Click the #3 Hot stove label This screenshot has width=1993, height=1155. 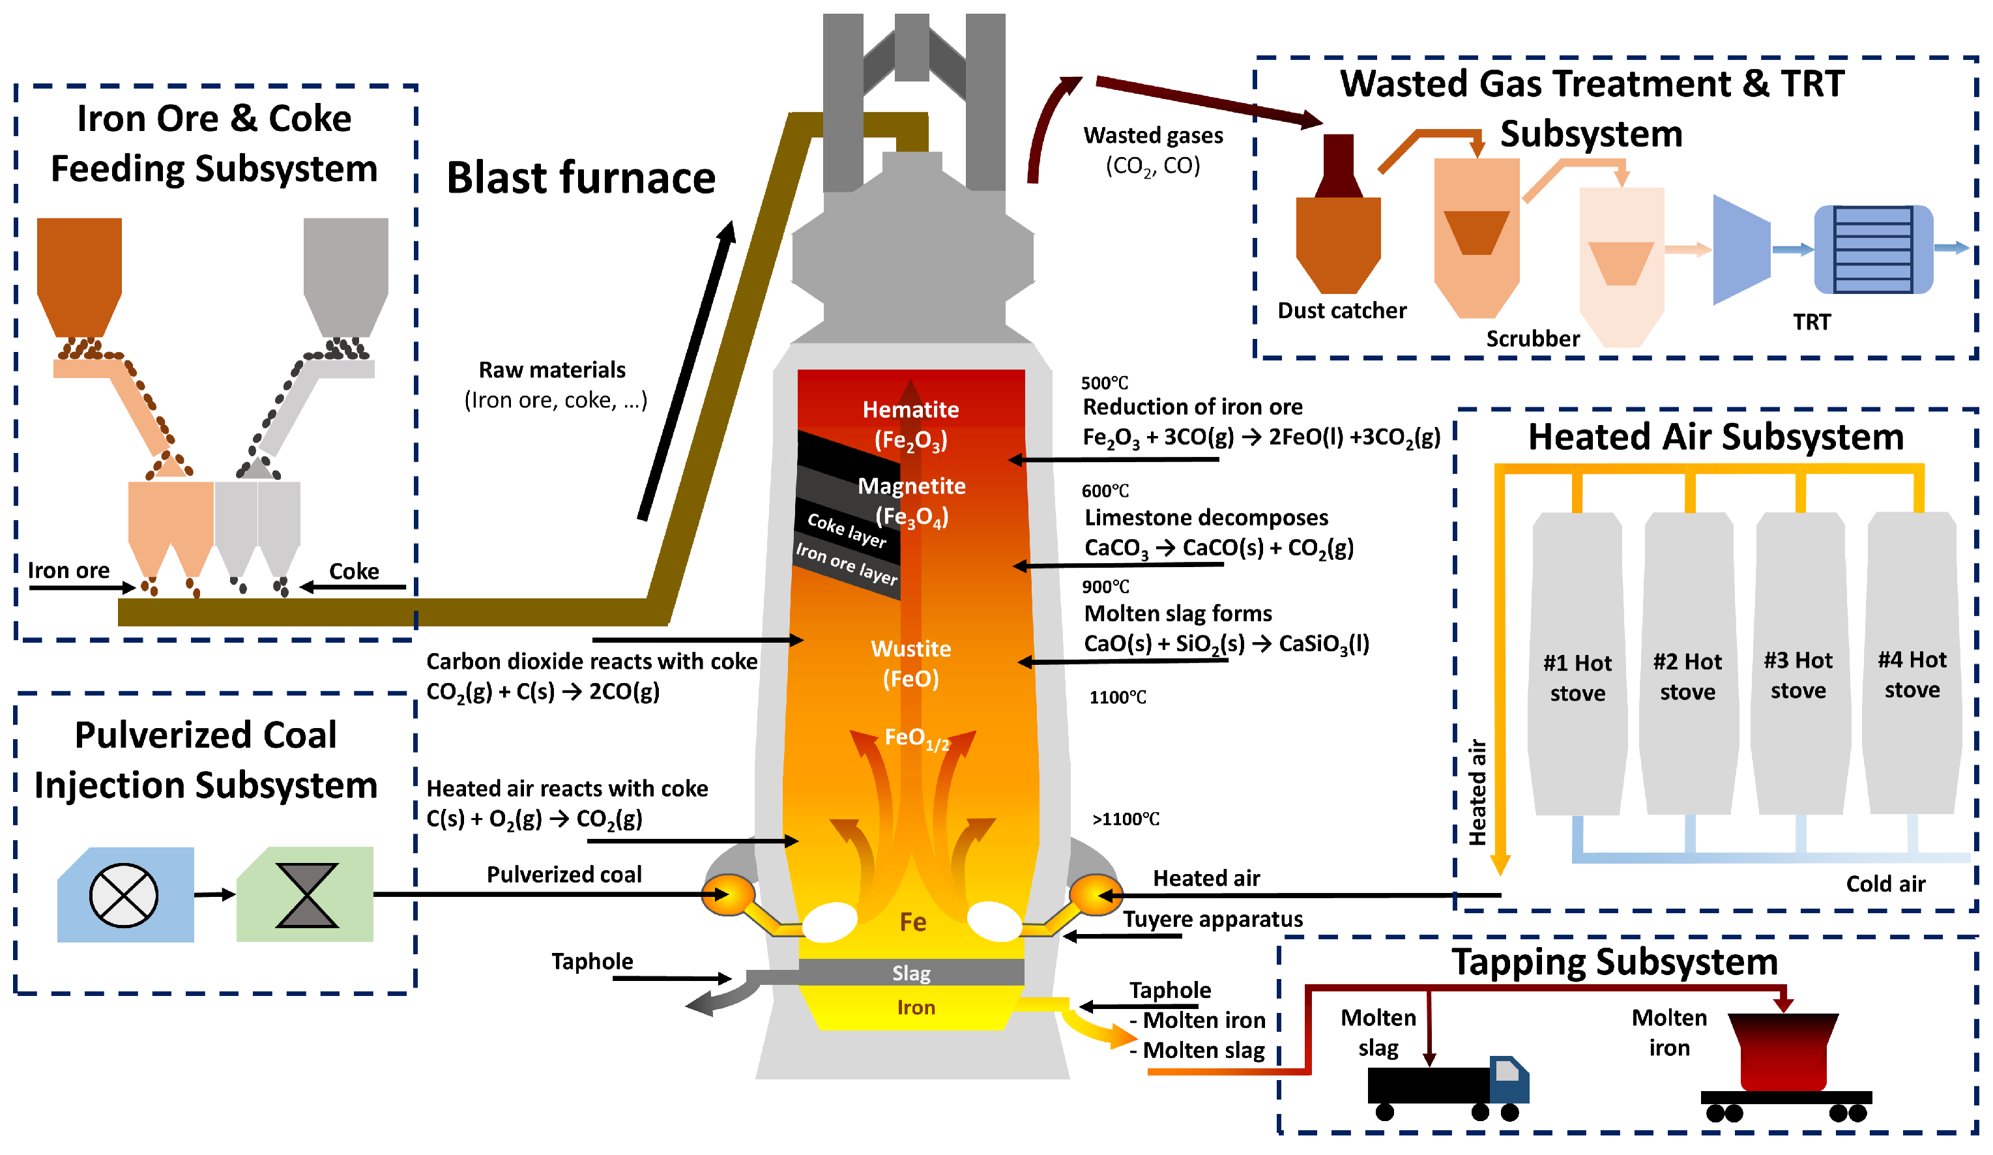[1797, 675]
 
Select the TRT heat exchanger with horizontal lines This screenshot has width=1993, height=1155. [1873, 249]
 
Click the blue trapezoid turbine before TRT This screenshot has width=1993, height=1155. [1741, 249]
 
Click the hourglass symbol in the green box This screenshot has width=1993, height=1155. [307, 896]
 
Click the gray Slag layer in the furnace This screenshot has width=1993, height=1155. [911, 972]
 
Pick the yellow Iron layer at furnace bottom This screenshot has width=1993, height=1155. [915, 1007]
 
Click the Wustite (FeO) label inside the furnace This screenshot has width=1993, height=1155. [910, 663]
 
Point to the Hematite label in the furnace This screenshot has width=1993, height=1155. [910, 410]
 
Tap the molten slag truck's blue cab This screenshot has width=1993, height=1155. [1508, 1078]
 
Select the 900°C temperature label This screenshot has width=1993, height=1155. [1105, 586]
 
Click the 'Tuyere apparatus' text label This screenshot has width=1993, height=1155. [1212, 919]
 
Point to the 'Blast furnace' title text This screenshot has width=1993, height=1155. [581, 177]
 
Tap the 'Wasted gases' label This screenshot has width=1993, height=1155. [1152, 136]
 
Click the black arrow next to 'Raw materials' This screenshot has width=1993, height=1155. [686, 372]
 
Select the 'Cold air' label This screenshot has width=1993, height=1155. [1885, 884]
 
